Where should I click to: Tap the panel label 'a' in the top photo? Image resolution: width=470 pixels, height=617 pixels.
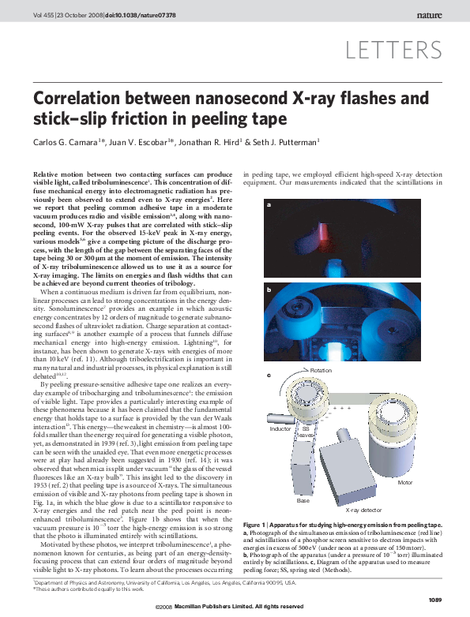pyautogui.click(x=269, y=205)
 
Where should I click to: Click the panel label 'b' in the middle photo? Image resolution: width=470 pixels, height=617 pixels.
pyautogui.click(x=269, y=291)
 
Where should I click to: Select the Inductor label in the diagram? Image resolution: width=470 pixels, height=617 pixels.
pyautogui.click(x=280, y=428)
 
